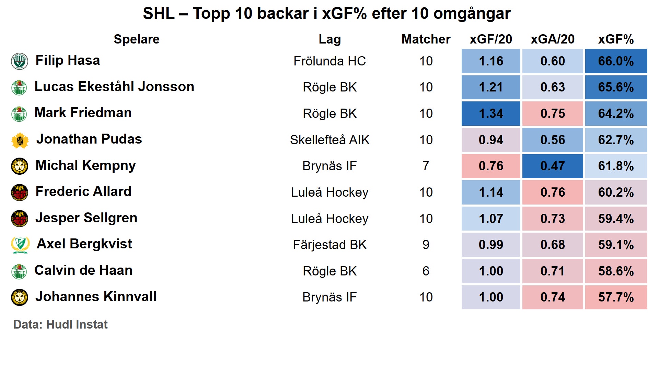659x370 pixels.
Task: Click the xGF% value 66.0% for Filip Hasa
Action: click(x=616, y=61)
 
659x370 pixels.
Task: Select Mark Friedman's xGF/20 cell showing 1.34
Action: click(x=491, y=114)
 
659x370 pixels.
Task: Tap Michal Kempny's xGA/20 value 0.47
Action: click(x=552, y=166)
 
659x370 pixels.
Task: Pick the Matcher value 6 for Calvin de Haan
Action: click(x=426, y=271)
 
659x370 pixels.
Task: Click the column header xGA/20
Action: click(x=552, y=39)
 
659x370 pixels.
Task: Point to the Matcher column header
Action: click(x=426, y=39)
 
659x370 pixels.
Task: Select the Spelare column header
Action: click(x=137, y=39)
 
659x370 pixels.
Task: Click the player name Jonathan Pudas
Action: click(x=89, y=139)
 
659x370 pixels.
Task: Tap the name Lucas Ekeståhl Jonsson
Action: click(x=114, y=87)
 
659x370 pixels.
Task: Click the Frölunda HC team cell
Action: click(x=329, y=61)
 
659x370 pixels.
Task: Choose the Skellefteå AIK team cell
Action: click(x=329, y=140)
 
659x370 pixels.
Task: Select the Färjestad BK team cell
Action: click(x=329, y=245)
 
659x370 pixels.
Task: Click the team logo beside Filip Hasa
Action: click(x=20, y=61)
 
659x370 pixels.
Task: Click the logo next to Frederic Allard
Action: click(x=20, y=193)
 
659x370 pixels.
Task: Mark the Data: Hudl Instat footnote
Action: click(x=60, y=324)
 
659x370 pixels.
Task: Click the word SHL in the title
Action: click(x=159, y=14)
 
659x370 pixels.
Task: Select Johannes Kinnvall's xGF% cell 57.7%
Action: click(x=616, y=297)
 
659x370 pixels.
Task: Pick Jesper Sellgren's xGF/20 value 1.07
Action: click(x=491, y=219)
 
